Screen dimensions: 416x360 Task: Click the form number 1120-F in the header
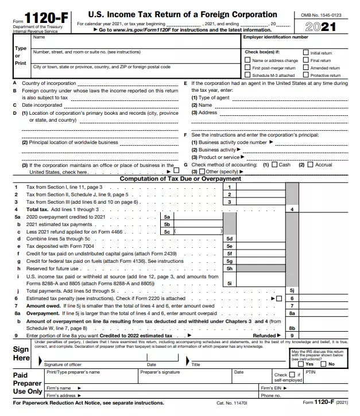pos(47,18)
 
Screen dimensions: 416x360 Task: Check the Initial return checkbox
pos(306,53)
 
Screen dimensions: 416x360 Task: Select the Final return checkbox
pos(306,60)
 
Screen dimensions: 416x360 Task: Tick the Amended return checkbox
pos(306,68)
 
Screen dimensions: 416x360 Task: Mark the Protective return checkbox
pos(306,75)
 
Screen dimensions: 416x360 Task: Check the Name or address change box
pos(247,60)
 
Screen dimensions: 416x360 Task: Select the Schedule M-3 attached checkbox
pos(247,75)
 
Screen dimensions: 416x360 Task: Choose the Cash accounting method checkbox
pos(274,165)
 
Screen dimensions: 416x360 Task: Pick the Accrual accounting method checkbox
pos(310,165)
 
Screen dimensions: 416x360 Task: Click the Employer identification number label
pos(276,37)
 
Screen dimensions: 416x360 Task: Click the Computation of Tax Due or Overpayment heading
pos(180,179)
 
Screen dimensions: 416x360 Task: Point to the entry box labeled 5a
pos(167,217)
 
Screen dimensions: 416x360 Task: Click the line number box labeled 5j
pos(292,291)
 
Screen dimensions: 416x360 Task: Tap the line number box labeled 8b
pos(292,328)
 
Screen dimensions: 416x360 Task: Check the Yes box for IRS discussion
pos(302,364)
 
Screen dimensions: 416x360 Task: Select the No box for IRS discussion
pos(324,364)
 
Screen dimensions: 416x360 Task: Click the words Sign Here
pos(21,353)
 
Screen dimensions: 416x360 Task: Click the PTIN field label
pos(310,372)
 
